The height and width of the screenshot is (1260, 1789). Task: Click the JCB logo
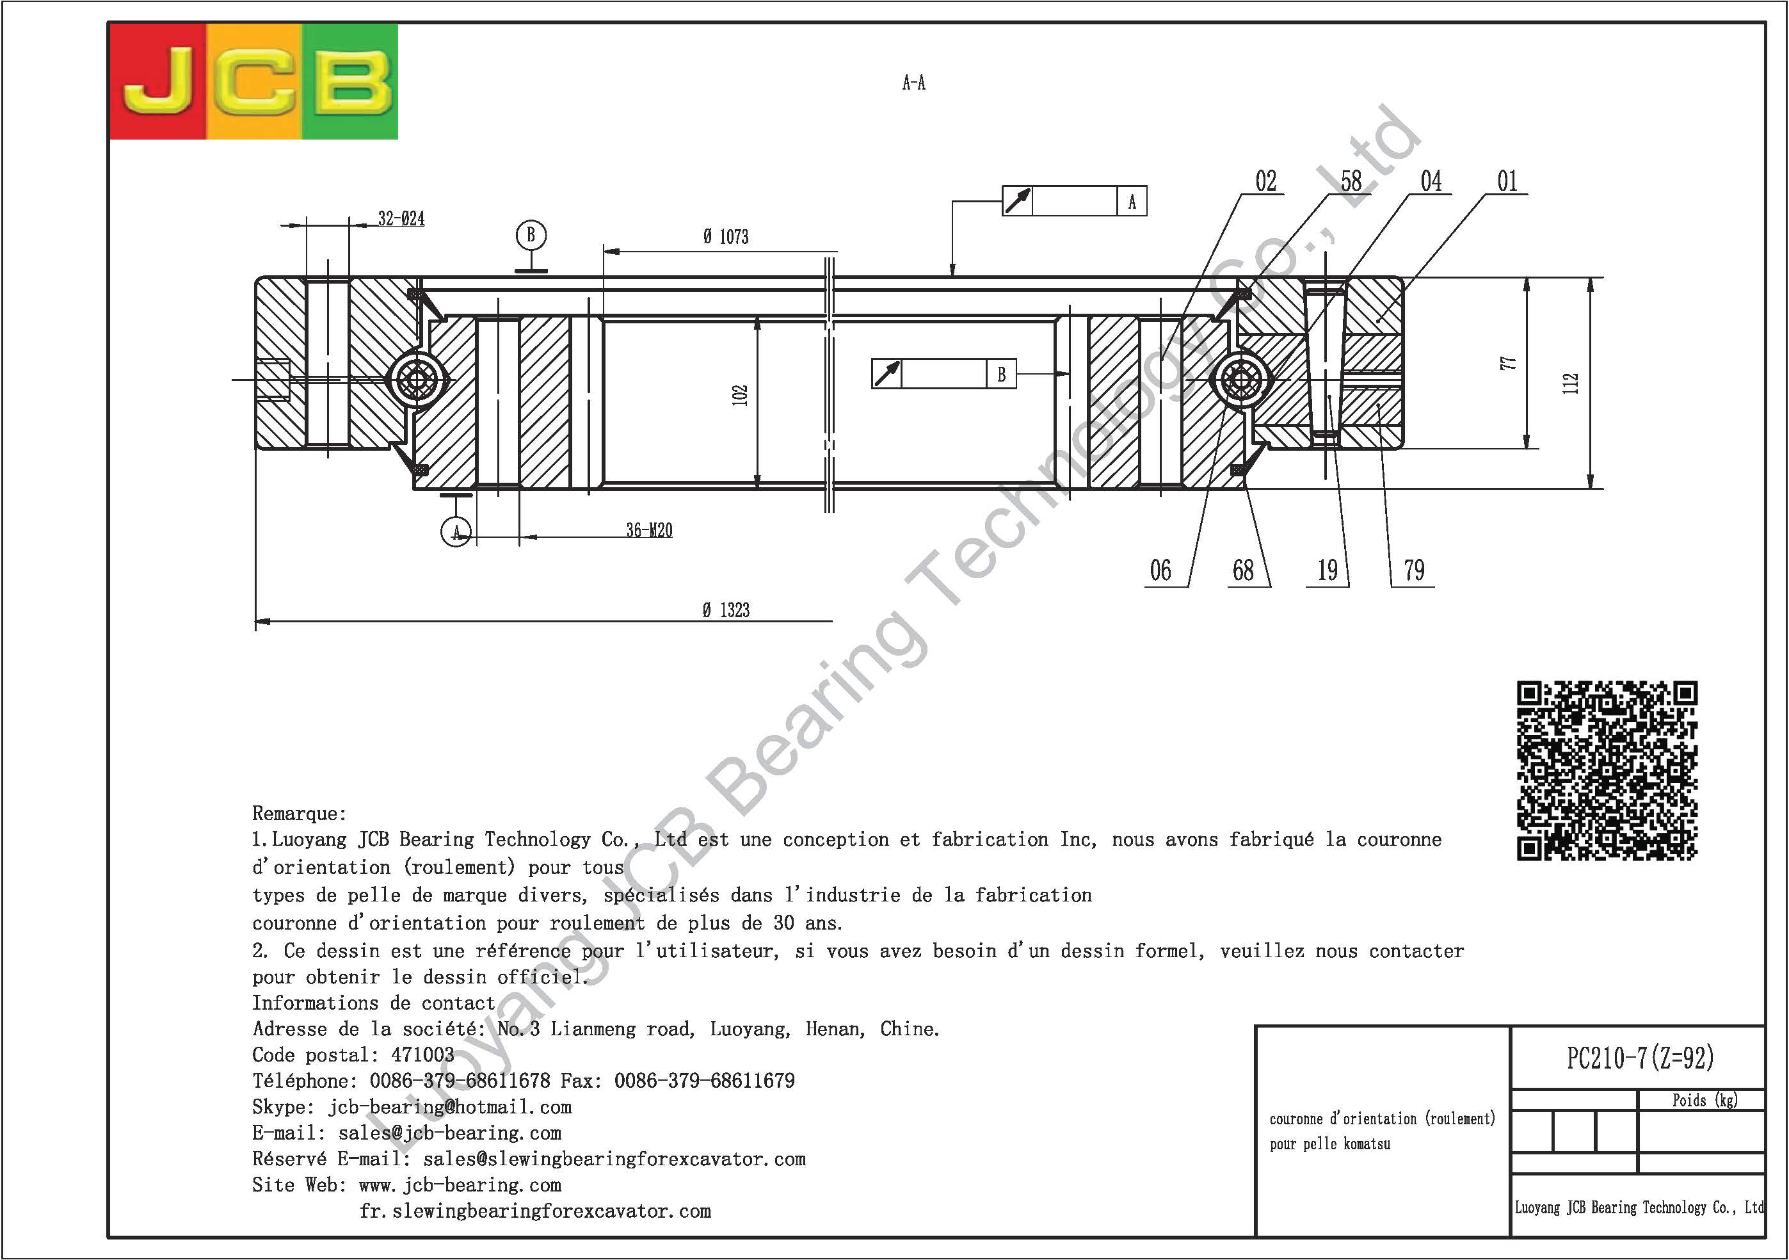[254, 82]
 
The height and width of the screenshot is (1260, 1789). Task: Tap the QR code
[1607, 771]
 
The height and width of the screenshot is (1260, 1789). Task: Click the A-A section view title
[914, 83]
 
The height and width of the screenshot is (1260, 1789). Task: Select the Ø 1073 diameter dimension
[725, 236]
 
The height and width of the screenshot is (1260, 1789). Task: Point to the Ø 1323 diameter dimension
[725, 610]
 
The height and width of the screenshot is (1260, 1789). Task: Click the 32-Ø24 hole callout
[401, 218]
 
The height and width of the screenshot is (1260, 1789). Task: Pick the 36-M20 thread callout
[649, 530]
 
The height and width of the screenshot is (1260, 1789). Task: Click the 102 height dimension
[740, 395]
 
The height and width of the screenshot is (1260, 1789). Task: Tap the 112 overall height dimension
[1571, 384]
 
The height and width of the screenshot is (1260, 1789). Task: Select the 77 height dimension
[1509, 363]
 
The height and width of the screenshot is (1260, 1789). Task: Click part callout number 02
[1266, 181]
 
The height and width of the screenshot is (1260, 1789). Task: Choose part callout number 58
[1351, 181]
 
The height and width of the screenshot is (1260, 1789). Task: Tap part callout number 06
[1160, 570]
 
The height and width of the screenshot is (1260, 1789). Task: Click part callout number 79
[1414, 570]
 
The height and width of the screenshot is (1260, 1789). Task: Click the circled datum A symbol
[456, 531]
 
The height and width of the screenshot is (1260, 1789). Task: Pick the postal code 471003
[422, 1055]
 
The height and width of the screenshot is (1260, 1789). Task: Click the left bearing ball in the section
[417, 380]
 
